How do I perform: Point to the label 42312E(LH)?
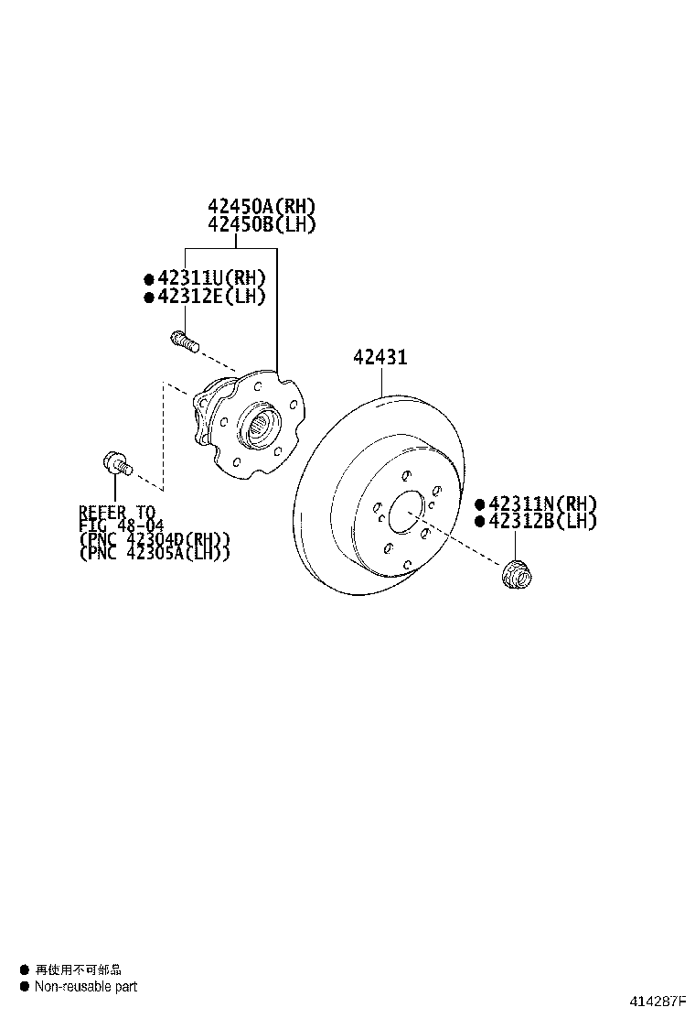click(210, 296)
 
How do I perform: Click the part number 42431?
click(380, 358)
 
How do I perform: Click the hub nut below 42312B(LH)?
click(517, 574)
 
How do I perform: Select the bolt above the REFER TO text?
click(117, 463)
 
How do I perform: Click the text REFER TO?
click(117, 512)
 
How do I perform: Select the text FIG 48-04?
click(123, 525)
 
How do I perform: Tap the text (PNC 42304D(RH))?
click(154, 539)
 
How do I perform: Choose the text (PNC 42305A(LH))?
click(154, 553)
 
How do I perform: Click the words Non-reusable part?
click(86, 986)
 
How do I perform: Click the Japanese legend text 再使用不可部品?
click(78, 969)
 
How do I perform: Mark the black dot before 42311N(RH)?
click(479, 504)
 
